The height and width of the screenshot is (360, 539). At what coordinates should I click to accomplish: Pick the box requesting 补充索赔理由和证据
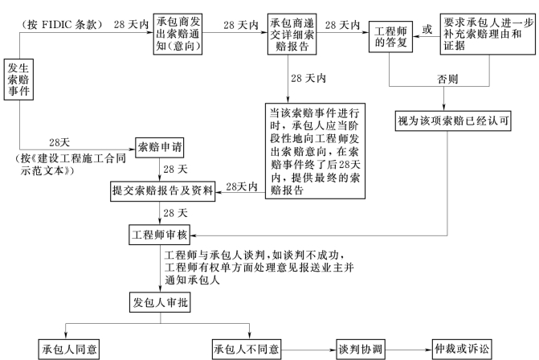pyautogui.click(x=487, y=33)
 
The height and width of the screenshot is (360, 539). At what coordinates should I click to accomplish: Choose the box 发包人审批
pyautogui.click(x=161, y=304)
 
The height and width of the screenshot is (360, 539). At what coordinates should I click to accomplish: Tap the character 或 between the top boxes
pyautogui.click(x=427, y=30)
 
